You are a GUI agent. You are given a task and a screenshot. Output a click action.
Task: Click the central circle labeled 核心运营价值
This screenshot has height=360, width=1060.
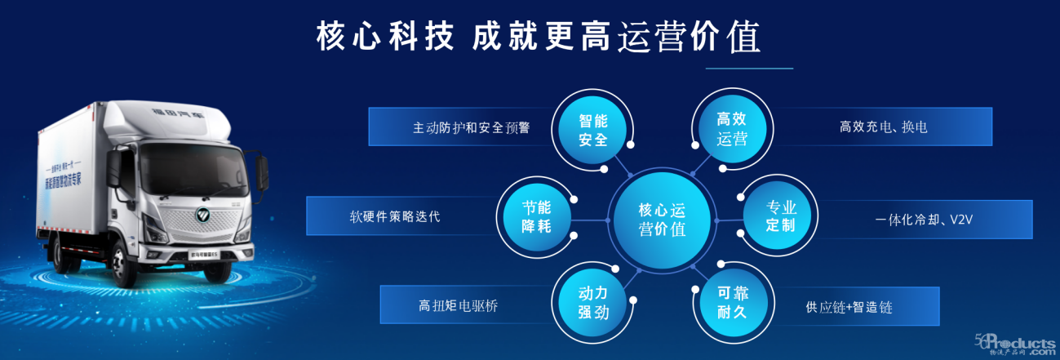click(x=662, y=220)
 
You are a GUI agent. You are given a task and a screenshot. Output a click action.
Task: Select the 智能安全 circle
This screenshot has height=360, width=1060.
click(x=593, y=129)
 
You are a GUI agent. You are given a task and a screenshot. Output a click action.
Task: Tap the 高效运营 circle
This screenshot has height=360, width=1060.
click(x=731, y=129)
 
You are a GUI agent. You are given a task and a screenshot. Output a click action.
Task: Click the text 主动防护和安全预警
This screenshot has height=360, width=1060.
click(x=471, y=128)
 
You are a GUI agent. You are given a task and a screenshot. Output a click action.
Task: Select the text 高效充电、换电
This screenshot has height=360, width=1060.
click(x=883, y=127)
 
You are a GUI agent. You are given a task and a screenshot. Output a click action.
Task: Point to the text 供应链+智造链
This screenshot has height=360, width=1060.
click(x=848, y=307)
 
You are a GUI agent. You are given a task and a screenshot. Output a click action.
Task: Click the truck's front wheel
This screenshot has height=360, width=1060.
click(x=123, y=264)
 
